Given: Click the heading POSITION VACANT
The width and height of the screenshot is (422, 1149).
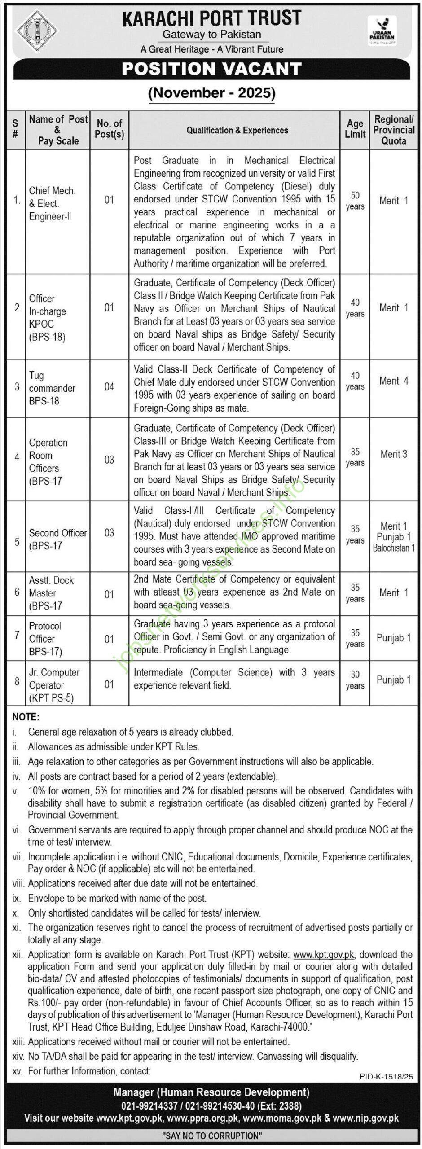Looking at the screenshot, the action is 211,69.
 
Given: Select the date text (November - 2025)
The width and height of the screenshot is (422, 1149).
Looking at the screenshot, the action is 211,93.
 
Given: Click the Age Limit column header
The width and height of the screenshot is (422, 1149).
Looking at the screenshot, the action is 355,128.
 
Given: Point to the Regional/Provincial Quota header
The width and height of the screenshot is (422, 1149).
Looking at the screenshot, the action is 394,130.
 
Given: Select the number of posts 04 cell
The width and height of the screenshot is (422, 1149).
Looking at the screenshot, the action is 109,386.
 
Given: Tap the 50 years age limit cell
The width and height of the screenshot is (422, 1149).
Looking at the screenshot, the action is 355,201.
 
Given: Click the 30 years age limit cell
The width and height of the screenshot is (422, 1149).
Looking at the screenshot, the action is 355,680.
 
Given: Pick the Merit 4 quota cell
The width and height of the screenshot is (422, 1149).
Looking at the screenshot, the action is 394,381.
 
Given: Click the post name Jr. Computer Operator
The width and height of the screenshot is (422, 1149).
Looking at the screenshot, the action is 54,678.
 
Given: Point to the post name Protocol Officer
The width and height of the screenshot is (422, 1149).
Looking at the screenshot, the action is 45,632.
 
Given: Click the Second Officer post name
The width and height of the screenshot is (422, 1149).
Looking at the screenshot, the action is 58,533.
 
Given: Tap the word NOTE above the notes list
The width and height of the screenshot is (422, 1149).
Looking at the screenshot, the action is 26,717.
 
